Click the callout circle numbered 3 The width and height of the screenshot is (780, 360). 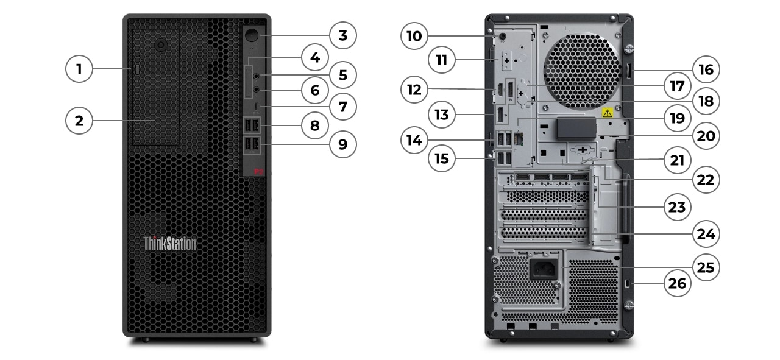343,36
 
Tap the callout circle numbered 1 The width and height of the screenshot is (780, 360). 79,69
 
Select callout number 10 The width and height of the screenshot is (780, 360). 414,36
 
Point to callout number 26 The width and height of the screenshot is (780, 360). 677,283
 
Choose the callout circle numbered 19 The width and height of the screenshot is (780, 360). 677,118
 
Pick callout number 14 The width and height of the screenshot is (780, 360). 414,139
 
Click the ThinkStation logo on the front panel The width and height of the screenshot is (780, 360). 170,244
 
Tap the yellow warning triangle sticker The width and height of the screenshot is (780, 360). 607,113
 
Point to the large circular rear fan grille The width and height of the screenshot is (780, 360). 581,68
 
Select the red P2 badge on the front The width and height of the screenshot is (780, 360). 258,172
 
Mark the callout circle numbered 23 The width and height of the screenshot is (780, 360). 677,207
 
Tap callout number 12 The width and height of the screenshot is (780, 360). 414,89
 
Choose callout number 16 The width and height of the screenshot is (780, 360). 706,69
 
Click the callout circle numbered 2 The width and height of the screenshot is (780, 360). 79,121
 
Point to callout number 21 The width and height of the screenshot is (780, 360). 677,161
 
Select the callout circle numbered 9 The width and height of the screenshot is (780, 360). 343,144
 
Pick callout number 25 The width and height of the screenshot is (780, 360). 706,267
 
